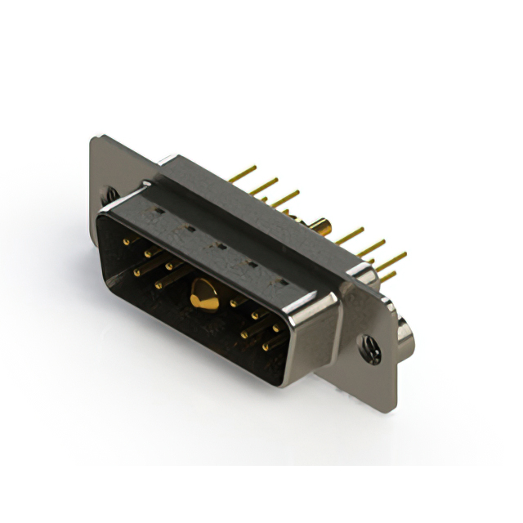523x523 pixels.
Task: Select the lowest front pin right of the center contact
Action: (x=266, y=346)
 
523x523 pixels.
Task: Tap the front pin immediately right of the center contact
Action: (x=235, y=303)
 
